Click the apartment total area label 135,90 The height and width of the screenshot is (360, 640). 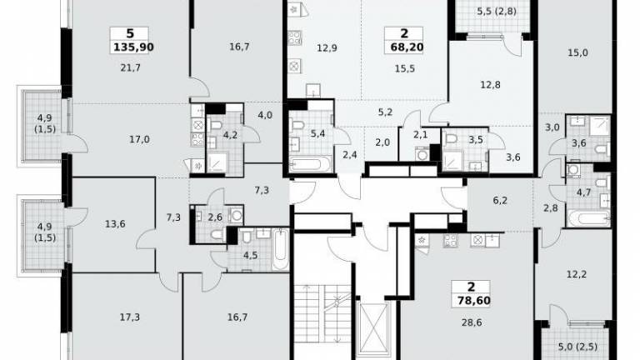133,47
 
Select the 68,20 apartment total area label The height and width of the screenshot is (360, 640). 407,47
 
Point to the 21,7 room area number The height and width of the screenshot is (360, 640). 131,67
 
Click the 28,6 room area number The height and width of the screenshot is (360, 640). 472,322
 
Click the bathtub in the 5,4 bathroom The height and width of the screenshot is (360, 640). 310,164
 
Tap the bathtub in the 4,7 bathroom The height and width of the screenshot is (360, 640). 588,217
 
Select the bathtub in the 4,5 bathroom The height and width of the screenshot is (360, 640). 280,249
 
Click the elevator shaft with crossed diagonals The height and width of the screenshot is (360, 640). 374,329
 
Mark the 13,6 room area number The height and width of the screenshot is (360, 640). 115,224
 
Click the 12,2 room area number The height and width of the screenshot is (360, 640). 577,274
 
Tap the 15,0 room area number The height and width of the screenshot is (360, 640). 578,52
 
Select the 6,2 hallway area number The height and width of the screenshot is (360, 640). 500,200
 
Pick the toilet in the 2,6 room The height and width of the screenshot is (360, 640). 217,234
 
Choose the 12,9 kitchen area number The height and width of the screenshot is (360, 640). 327,48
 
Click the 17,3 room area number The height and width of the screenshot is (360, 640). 130,317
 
